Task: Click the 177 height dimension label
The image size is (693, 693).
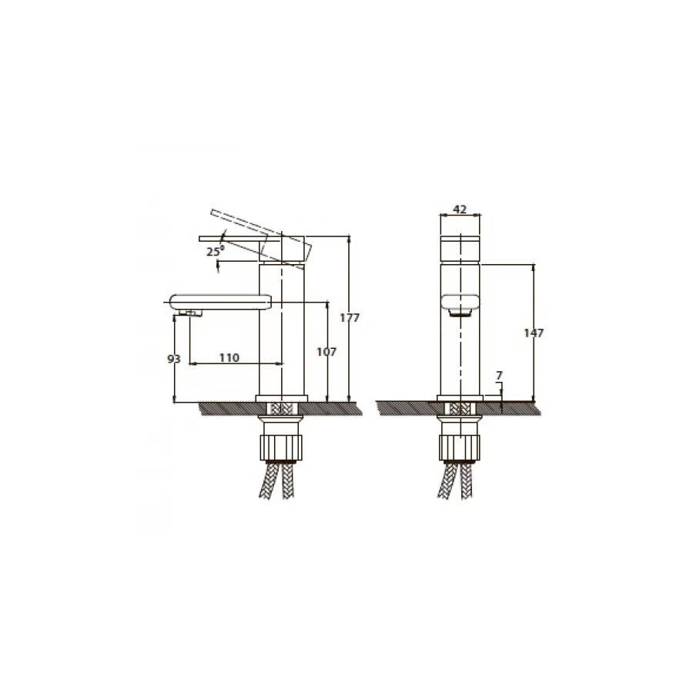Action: (350, 318)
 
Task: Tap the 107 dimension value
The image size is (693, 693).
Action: (326, 352)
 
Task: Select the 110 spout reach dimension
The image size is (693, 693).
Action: (229, 357)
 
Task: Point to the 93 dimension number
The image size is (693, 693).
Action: (174, 359)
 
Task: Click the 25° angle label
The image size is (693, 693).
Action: (216, 251)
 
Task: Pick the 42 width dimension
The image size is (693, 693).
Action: (460, 209)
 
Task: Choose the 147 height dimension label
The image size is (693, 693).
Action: (534, 333)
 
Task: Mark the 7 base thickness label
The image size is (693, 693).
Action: (500, 376)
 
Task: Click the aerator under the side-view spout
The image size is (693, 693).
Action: (190, 313)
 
